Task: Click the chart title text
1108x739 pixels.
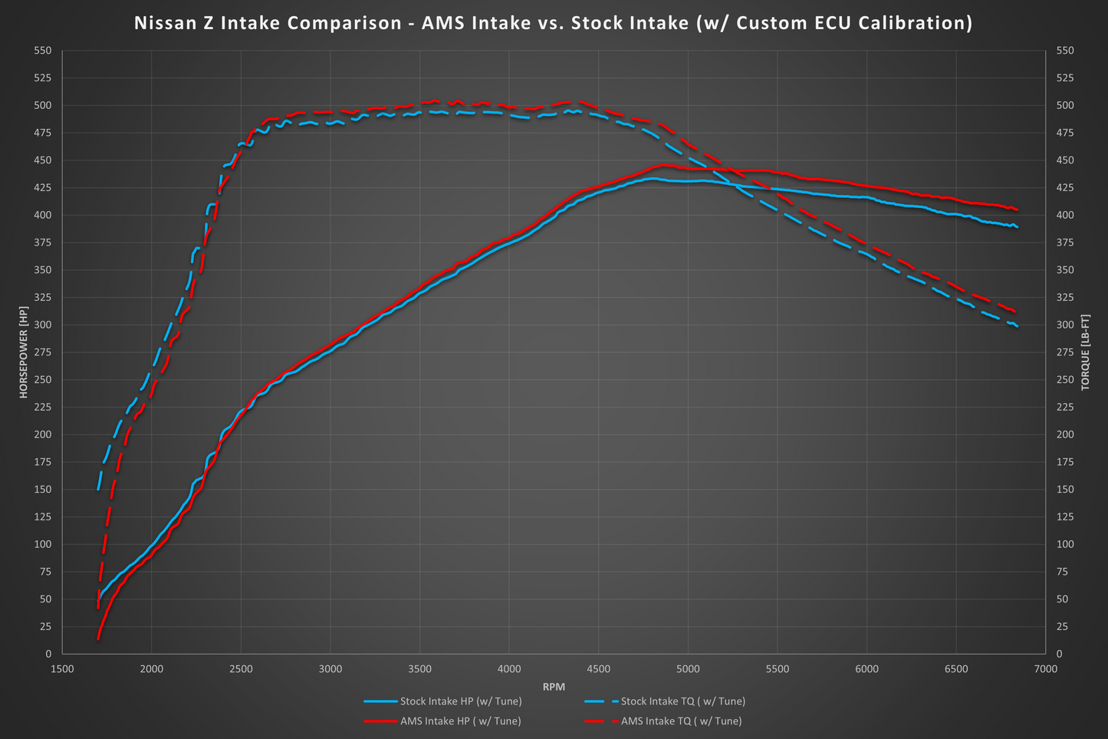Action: tap(553, 23)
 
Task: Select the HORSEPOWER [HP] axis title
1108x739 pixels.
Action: tap(23, 351)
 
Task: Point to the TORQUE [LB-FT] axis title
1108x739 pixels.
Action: tap(1085, 351)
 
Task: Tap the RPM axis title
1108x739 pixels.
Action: tap(554, 687)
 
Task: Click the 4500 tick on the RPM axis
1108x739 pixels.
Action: tap(598, 669)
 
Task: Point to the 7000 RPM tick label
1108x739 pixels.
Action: tap(1045, 669)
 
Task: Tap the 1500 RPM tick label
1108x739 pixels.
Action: tap(62, 669)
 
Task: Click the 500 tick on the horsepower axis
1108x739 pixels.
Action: tap(43, 105)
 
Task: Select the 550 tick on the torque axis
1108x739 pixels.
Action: tap(1065, 51)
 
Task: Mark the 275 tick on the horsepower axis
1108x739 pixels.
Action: tap(43, 352)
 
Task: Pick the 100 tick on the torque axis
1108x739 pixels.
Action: tap(1065, 544)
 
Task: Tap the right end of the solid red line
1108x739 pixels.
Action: tap(1017, 209)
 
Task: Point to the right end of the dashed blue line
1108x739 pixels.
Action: tap(1018, 327)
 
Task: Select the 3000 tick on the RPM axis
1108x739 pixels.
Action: tap(330, 669)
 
